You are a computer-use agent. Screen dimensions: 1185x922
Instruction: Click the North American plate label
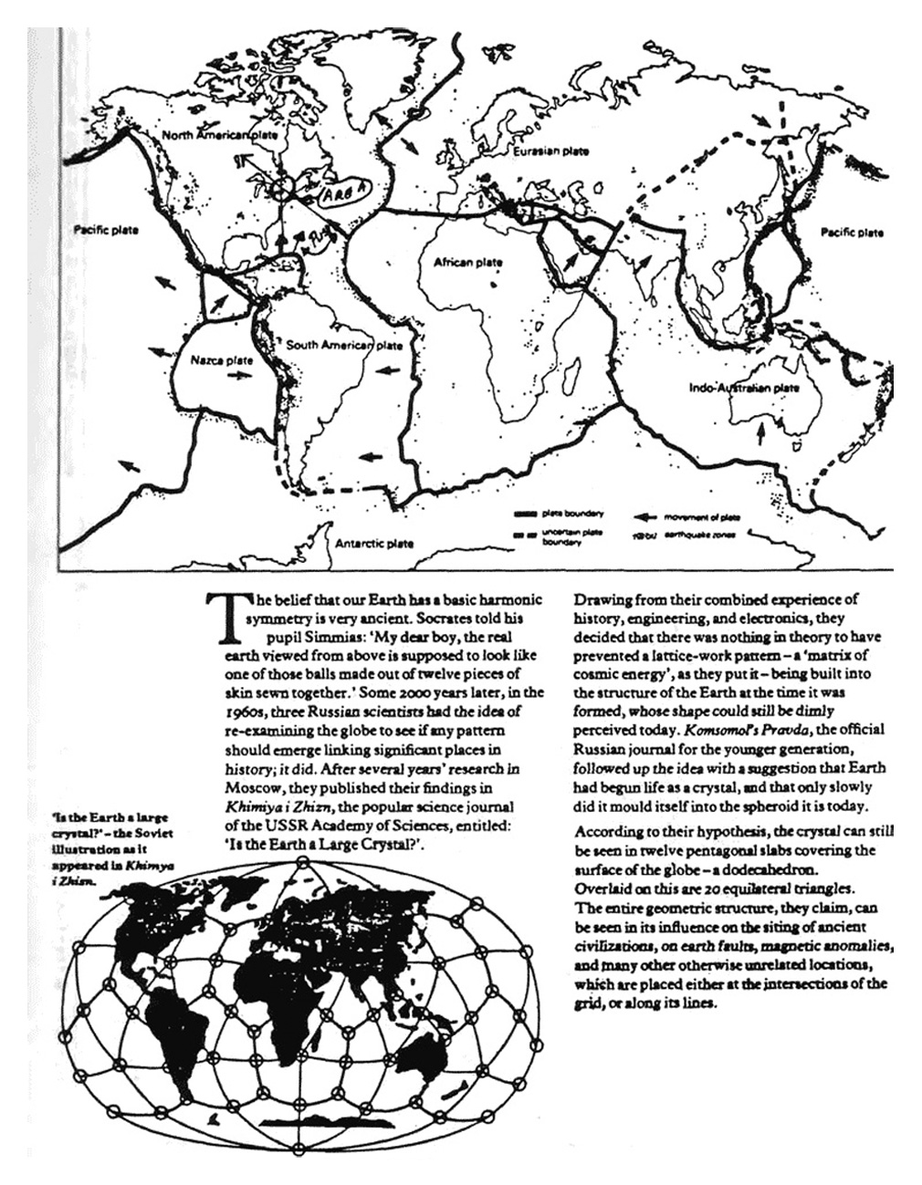click(x=219, y=136)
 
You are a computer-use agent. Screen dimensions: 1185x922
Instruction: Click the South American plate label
click(x=344, y=346)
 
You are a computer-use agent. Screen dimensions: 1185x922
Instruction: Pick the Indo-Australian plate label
click(x=744, y=388)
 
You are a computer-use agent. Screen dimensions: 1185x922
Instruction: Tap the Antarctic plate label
click(x=373, y=544)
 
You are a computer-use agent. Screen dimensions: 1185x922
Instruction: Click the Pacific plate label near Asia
click(x=851, y=233)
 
